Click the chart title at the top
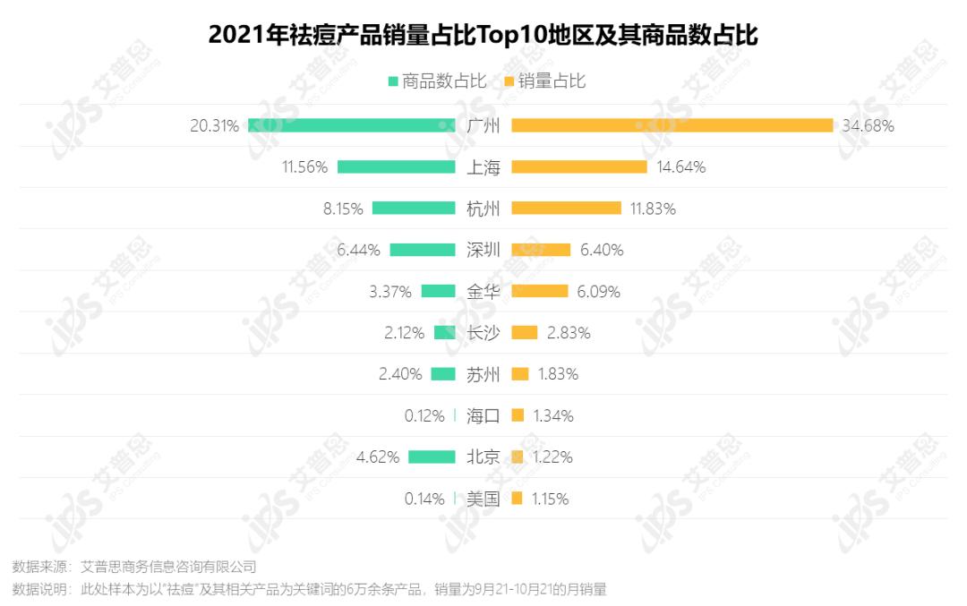click(x=483, y=35)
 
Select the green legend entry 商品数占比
click(x=437, y=81)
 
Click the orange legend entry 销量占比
click(x=545, y=81)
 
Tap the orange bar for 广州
click(x=672, y=125)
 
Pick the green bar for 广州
click(x=352, y=125)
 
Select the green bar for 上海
click(x=397, y=167)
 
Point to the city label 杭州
click(x=483, y=209)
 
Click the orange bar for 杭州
click(x=566, y=209)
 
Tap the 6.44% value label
click(x=358, y=250)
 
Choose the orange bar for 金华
click(x=539, y=291)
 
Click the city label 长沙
click(x=483, y=333)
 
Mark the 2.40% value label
click(x=400, y=374)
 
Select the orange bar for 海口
click(x=518, y=415)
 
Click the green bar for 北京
click(x=432, y=457)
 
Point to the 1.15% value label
click(x=550, y=499)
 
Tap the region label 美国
click(x=483, y=499)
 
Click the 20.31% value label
click(x=214, y=126)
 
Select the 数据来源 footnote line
click(x=134, y=567)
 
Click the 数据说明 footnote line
click(x=309, y=589)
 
